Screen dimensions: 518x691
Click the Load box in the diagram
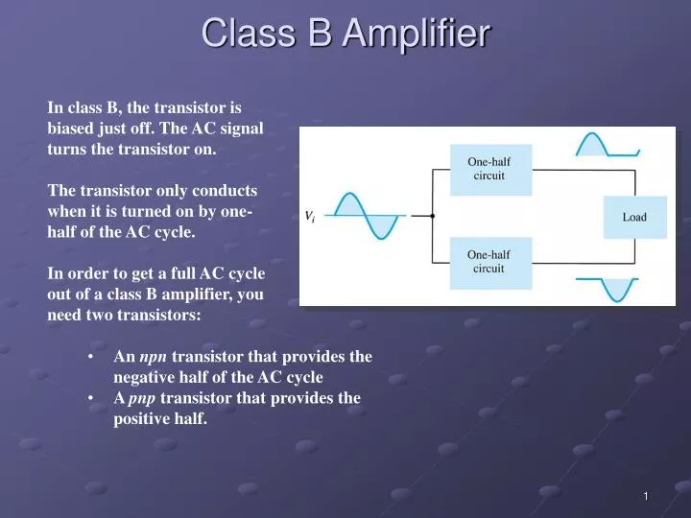click(x=634, y=217)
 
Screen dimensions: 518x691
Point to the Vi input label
click(x=310, y=216)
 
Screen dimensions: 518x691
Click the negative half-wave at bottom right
click(x=606, y=289)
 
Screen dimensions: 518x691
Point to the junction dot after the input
click(x=432, y=216)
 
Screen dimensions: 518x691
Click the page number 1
click(x=646, y=496)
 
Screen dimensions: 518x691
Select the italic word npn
click(x=154, y=357)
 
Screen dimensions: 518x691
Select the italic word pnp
click(x=142, y=398)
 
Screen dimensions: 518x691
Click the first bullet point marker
click(x=89, y=357)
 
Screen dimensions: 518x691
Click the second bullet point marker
click(x=89, y=398)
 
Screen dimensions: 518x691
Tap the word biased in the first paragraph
click(x=70, y=129)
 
